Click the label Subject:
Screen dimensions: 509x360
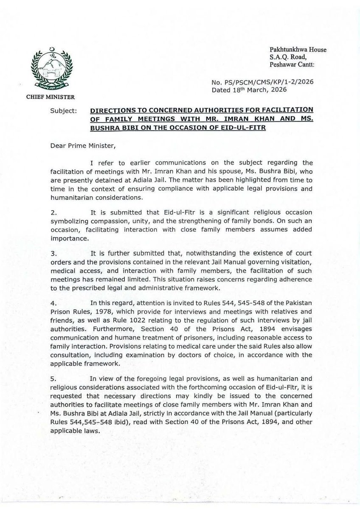(63, 110)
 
